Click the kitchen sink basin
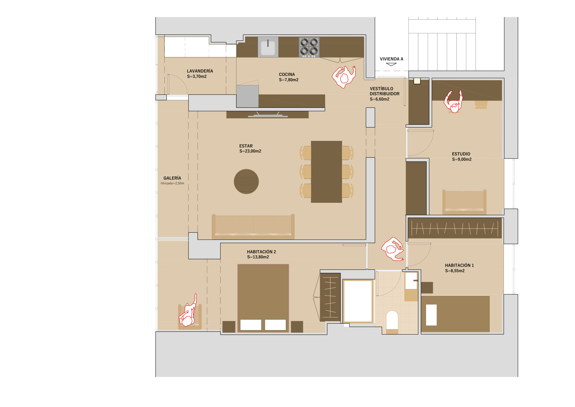tap(268, 47)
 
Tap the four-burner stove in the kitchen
tap(309, 47)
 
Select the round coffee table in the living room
tap(246, 182)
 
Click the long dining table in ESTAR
tap(326, 172)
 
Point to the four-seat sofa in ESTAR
tap(253, 227)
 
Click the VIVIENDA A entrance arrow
tap(391, 65)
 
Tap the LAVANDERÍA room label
tap(200, 71)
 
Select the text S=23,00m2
tap(250, 151)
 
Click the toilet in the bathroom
tap(392, 322)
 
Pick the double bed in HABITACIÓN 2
tap(263, 298)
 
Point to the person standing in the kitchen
tap(344, 77)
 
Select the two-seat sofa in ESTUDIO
tap(464, 202)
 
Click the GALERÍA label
tap(172, 178)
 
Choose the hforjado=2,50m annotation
tap(172, 183)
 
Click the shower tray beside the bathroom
tap(358, 301)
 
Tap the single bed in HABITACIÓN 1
tap(455, 314)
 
